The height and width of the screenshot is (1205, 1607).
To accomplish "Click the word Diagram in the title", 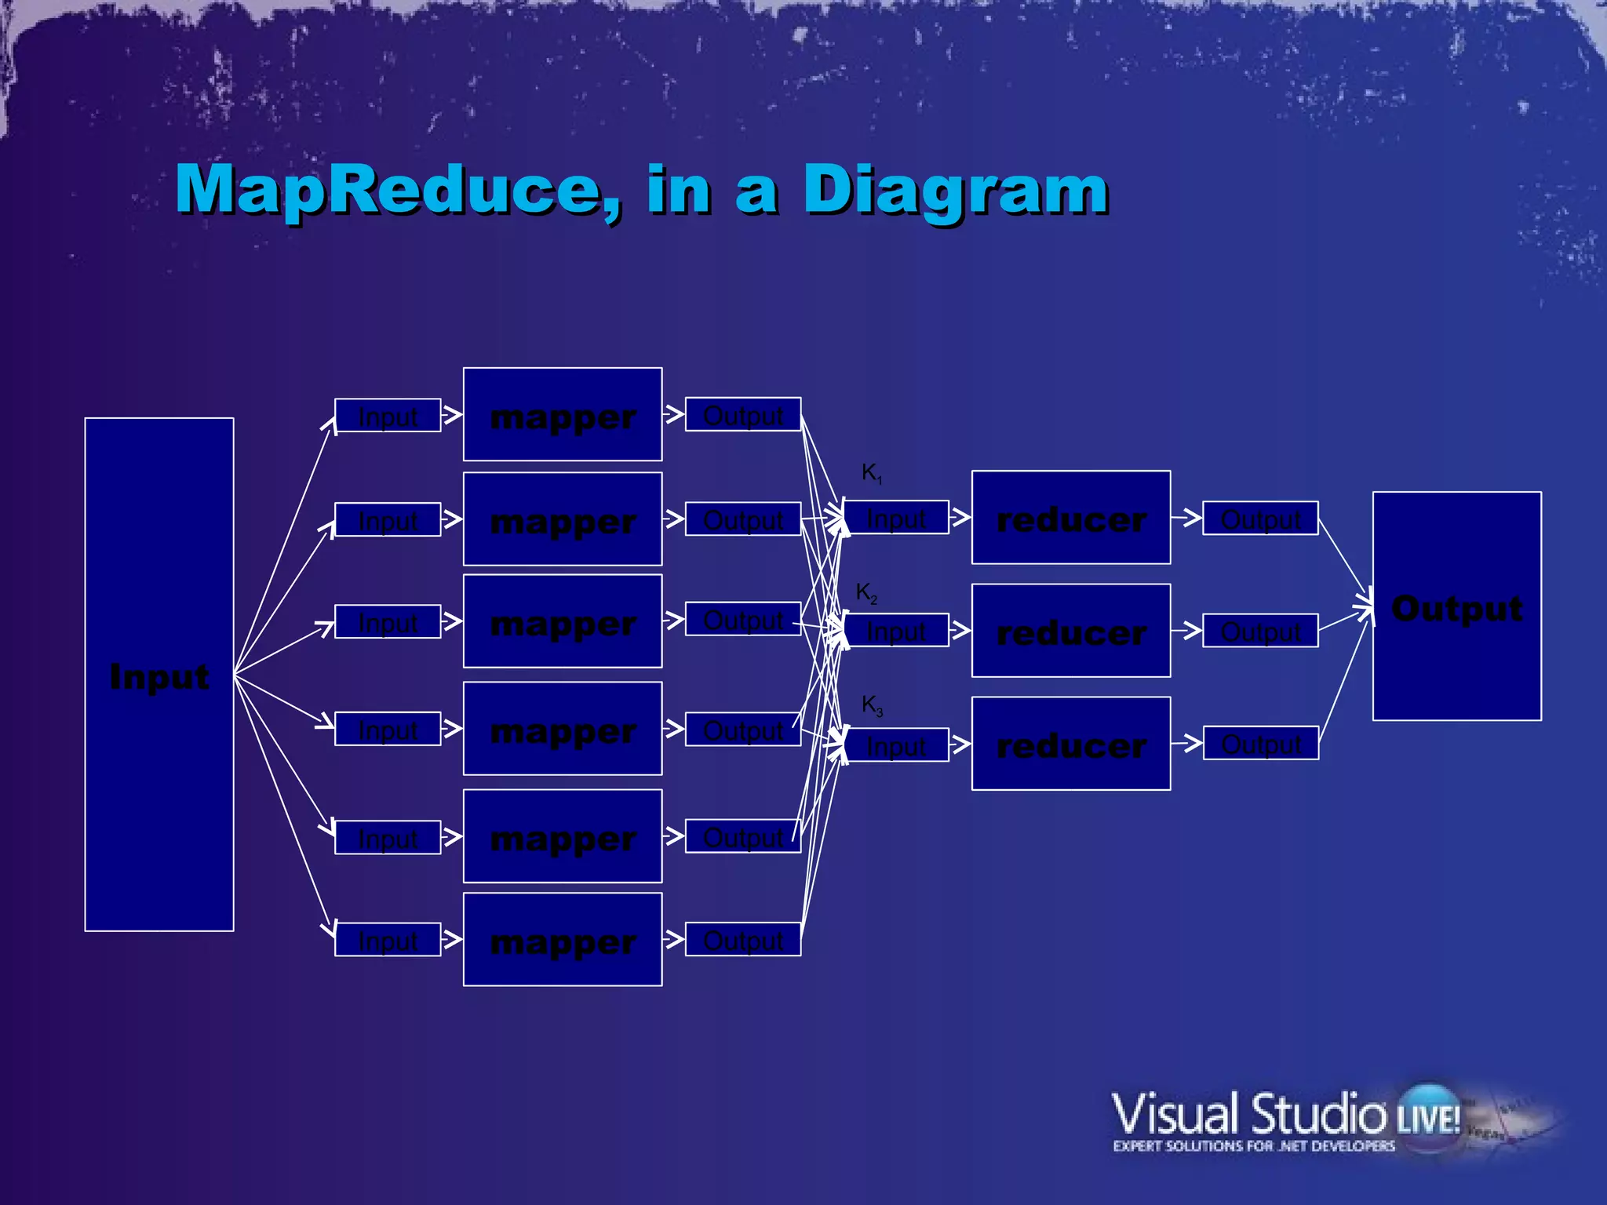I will [x=956, y=190].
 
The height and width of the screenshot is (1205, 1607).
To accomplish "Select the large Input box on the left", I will [x=159, y=675].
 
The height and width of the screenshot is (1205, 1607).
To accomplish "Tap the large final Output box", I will [x=1456, y=606].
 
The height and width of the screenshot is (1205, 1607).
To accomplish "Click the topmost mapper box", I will [x=563, y=414].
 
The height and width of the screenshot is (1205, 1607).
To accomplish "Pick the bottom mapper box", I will [x=563, y=939].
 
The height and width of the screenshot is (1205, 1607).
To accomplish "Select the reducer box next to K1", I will [x=1071, y=518].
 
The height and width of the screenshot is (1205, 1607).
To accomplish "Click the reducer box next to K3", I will [x=1071, y=744].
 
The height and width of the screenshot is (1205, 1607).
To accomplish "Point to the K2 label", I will [x=866, y=592].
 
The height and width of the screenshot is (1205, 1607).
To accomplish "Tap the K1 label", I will [x=871, y=472].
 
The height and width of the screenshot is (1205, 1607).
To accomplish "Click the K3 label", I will [x=872, y=704].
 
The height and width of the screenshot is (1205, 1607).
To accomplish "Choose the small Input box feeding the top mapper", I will [x=388, y=415].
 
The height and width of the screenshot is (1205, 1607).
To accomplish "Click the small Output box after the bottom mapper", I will [x=743, y=939].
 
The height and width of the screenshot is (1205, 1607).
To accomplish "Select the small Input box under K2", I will [x=896, y=630].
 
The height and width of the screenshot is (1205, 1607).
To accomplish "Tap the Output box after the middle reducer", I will [x=1260, y=630].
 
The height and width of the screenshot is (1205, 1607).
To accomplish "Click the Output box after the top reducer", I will [x=1260, y=518].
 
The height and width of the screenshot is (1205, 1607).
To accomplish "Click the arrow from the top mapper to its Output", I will [x=673, y=413].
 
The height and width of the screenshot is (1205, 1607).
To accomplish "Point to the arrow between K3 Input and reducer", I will [x=960, y=744].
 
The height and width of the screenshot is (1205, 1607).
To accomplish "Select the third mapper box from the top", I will [x=563, y=621].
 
